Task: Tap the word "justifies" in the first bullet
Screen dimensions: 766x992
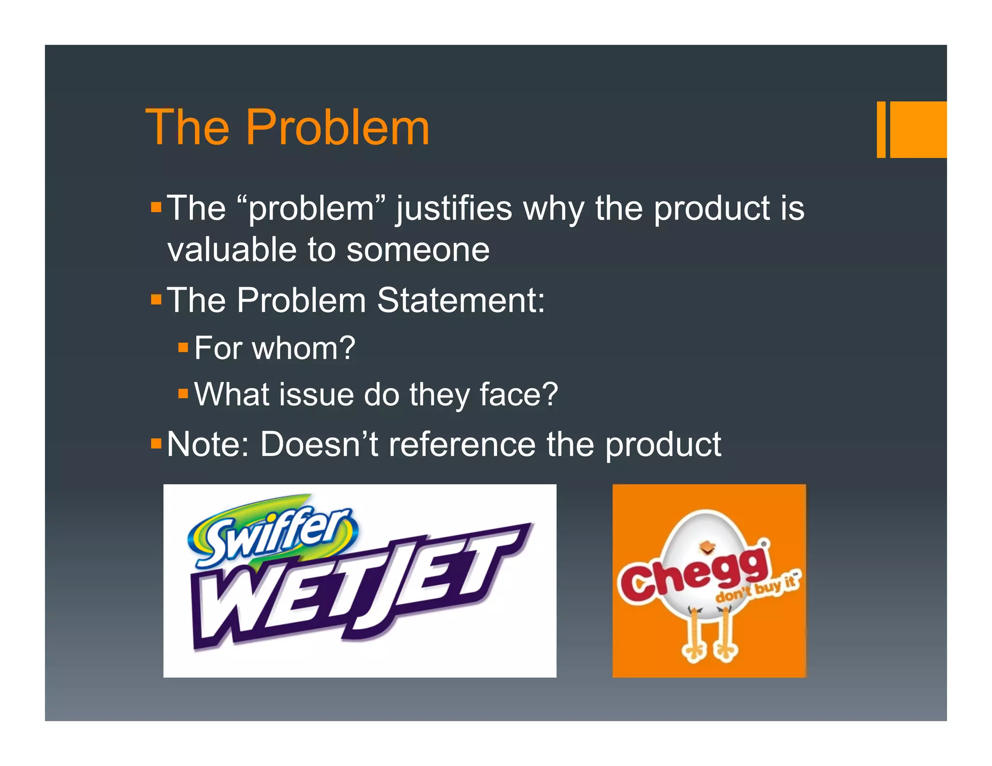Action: tap(454, 209)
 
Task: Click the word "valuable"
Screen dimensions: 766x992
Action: tap(232, 250)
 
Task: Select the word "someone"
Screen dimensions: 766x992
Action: tap(418, 250)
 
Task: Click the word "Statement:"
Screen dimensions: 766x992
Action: tap(461, 300)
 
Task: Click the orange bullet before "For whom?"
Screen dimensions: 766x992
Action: tap(183, 347)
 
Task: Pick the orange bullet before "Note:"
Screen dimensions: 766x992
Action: tap(156, 443)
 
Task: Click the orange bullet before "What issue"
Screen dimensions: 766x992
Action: tap(183, 393)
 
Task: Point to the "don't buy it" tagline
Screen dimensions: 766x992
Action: tap(758, 588)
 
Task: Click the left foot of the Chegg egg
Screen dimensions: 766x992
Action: tap(694, 651)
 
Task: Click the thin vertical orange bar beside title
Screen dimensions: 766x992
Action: tap(881, 129)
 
